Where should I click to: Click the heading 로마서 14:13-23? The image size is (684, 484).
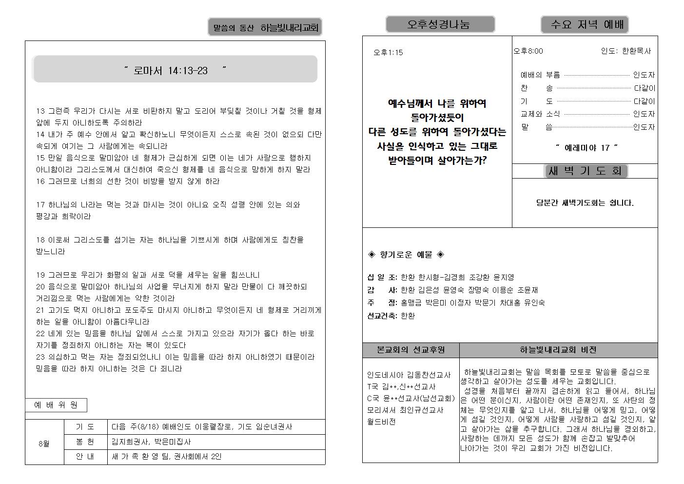[175, 70]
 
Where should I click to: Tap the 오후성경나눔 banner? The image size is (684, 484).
[440, 24]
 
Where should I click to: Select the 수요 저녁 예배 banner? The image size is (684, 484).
[584, 24]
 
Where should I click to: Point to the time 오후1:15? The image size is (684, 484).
[388, 52]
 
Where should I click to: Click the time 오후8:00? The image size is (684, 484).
[528, 51]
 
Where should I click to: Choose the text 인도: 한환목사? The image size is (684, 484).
[625, 51]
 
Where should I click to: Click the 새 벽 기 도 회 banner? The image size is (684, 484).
[585, 171]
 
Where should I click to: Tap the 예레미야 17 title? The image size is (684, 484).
[587, 147]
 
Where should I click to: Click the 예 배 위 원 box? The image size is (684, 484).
[56, 405]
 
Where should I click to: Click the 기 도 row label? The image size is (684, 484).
[85, 426]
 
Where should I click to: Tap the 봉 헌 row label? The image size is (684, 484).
[85, 442]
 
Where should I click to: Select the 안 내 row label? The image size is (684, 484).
[85, 457]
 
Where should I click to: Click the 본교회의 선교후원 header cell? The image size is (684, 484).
[410, 350]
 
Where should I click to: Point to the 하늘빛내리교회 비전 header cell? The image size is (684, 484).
[558, 350]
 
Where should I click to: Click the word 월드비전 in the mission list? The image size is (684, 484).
[381, 422]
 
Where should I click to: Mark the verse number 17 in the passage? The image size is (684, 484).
[40, 204]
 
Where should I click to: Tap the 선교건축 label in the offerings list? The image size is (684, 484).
[382, 316]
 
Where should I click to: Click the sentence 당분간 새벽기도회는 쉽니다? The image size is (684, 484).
[585, 202]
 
